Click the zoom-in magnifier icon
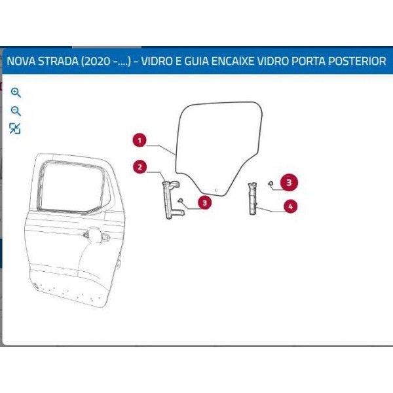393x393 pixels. click(16, 92)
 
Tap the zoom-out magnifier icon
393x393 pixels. click(16, 111)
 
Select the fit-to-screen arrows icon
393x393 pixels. click(15, 128)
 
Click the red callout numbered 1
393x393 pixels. click(140, 140)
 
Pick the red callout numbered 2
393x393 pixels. click(140, 167)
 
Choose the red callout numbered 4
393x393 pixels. click(290, 206)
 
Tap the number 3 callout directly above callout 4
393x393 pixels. click(289, 183)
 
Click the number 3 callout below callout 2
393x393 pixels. click(205, 202)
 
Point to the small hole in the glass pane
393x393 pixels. click(216, 190)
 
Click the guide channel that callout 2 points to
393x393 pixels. click(168, 200)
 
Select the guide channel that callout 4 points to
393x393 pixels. click(253, 198)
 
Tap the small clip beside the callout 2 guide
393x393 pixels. click(180, 200)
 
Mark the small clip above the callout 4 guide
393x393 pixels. click(271, 183)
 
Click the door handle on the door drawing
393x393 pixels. click(96, 235)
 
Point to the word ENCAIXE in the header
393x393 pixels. click(233, 61)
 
